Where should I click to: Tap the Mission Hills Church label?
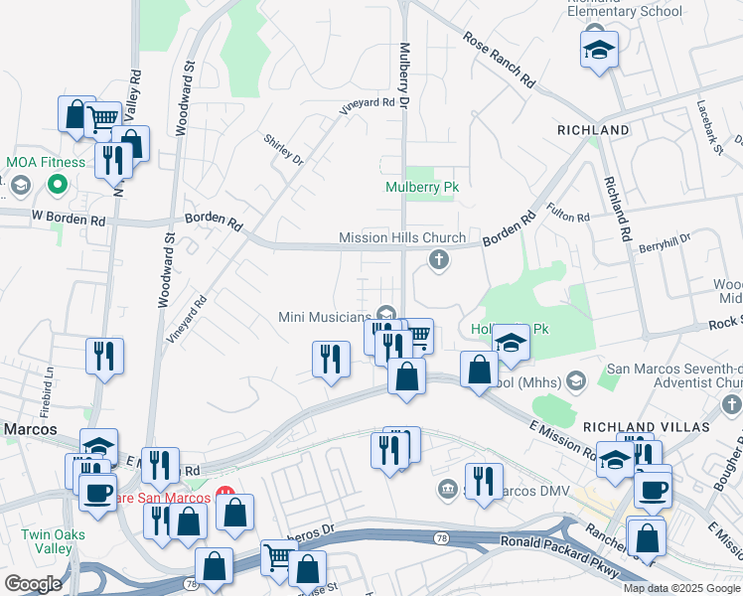[401, 238]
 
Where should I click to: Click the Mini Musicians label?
[327, 316]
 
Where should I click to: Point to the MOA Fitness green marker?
[58, 184]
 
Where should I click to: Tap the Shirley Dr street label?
[283, 148]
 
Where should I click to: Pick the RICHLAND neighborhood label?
[593, 130]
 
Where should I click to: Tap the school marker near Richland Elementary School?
[599, 51]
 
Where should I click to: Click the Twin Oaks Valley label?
[47, 541]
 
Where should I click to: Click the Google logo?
[33, 583]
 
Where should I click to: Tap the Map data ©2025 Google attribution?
[680, 588]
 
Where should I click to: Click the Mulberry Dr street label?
[404, 74]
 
